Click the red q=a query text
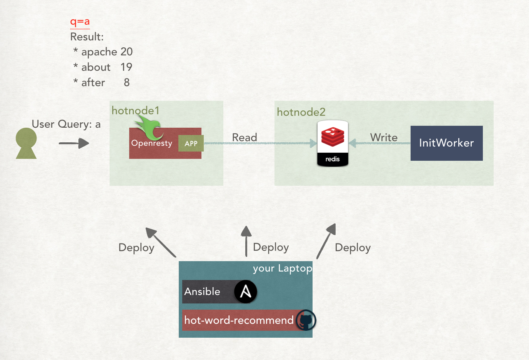[x=80, y=22]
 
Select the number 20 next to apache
[x=126, y=52]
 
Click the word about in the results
[x=96, y=67]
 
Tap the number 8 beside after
[x=126, y=82]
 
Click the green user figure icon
[x=26, y=143]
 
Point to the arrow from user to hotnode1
[x=74, y=143]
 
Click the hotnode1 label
[x=135, y=111]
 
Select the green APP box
[x=191, y=143]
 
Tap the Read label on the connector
[x=245, y=137]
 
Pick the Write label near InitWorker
[x=384, y=137]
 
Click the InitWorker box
[x=446, y=143]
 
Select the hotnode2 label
[x=301, y=112]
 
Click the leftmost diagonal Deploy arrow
[x=161, y=242]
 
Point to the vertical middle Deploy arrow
[x=246, y=241]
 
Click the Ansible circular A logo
[x=246, y=292]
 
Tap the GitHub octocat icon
[x=306, y=320]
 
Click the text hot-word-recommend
[x=239, y=320]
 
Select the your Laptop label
[x=283, y=268]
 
